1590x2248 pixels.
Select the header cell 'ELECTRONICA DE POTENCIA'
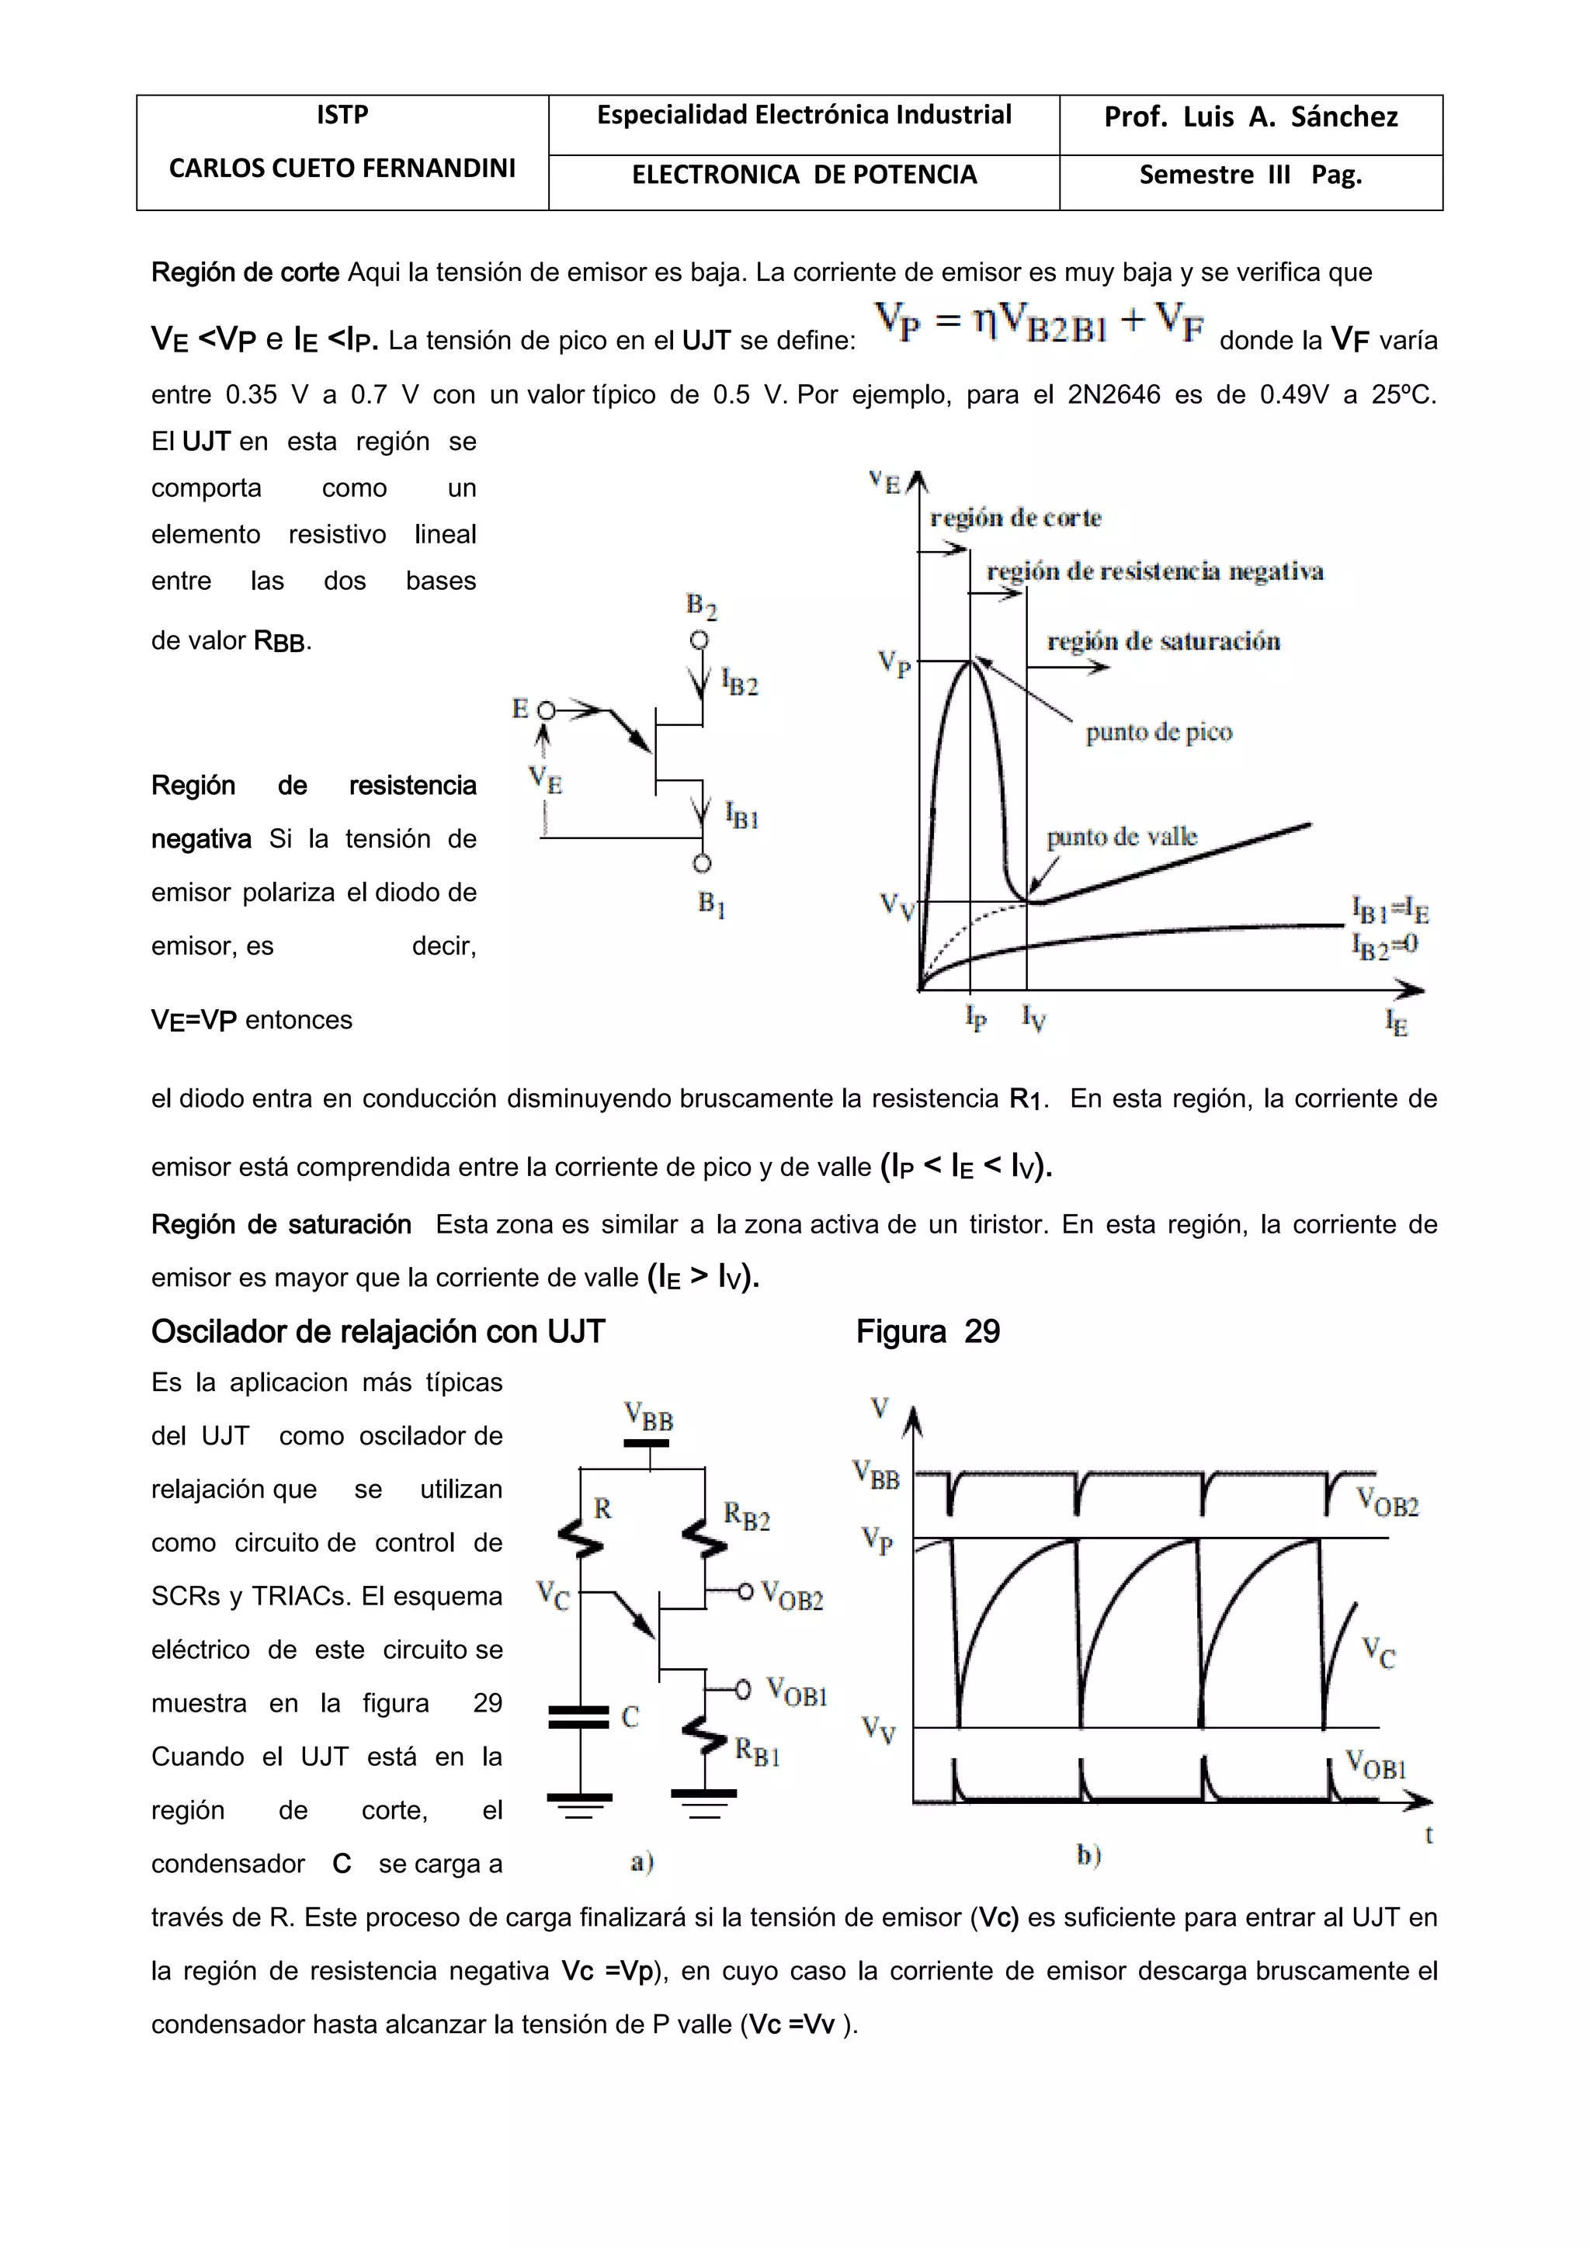(804, 175)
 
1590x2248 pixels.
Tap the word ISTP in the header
(342, 116)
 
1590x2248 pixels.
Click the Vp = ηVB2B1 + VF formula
(1039, 323)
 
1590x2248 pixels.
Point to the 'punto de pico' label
(1158, 732)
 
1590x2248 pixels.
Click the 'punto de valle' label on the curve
(1121, 837)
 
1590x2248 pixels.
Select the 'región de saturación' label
(1163, 641)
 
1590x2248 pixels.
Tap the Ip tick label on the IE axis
(975, 1018)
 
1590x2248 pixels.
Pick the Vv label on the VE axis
(896, 906)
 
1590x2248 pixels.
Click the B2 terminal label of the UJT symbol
(701, 607)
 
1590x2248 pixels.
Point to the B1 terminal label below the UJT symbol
(711, 904)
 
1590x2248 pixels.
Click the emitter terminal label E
(520, 708)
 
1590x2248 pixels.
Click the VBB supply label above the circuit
(648, 1417)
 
